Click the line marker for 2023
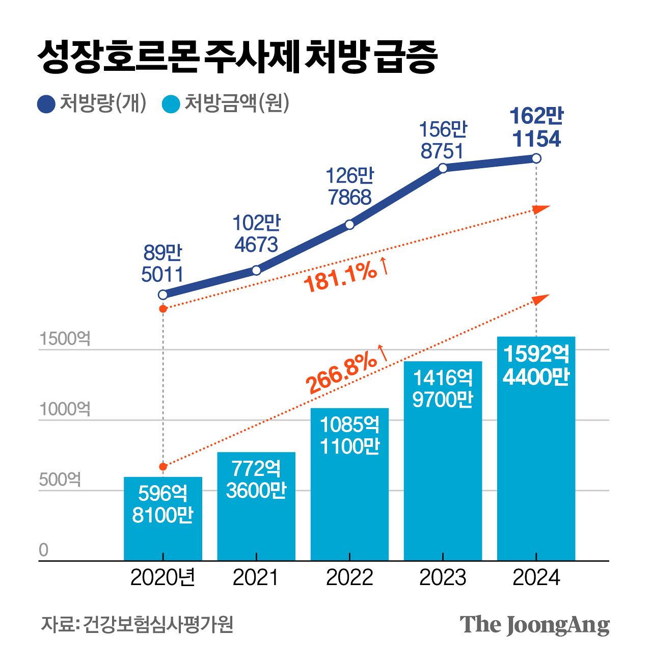[443, 168]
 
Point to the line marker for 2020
[163, 295]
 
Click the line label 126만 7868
[349, 187]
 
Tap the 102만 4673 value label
[256, 234]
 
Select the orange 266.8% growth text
[342, 374]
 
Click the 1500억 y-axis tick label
[65, 339]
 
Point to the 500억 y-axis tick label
[60, 480]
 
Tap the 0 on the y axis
[44, 550]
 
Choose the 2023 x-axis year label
[443, 578]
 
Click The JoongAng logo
[534, 625]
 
